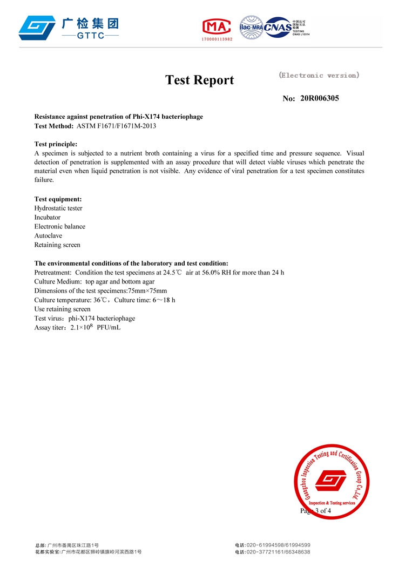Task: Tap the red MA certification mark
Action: pyautogui.click(x=217, y=27)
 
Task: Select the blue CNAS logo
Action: pyautogui.click(x=278, y=28)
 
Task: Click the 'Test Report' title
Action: pyautogui.click(x=199, y=80)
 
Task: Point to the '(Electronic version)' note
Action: pyautogui.click(x=319, y=76)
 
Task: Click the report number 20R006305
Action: pyautogui.click(x=320, y=98)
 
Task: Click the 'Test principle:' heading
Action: pyautogui.click(x=56, y=144)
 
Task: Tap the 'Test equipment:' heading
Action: pyautogui.click(x=58, y=199)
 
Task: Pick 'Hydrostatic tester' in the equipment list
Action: pyautogui.click(x=58, y=208)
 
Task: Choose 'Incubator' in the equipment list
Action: pyautogui.click(x=48, y=218)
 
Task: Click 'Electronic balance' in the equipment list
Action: pyautogui.click(x=60, y=227)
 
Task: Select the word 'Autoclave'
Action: pyautogui.click(x=48, y=236)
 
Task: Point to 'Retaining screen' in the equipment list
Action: pyautogui.click(x=57, y=245)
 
